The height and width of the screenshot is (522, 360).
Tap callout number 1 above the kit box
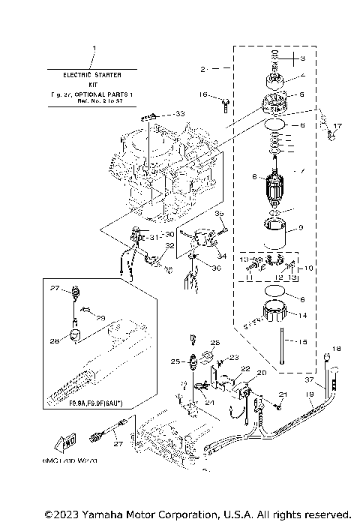coord(94,49)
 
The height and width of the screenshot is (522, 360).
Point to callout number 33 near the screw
coord(179,113)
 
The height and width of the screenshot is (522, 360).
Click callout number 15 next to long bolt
coord(303,343)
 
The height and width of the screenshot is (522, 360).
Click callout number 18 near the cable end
coord(337,349)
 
